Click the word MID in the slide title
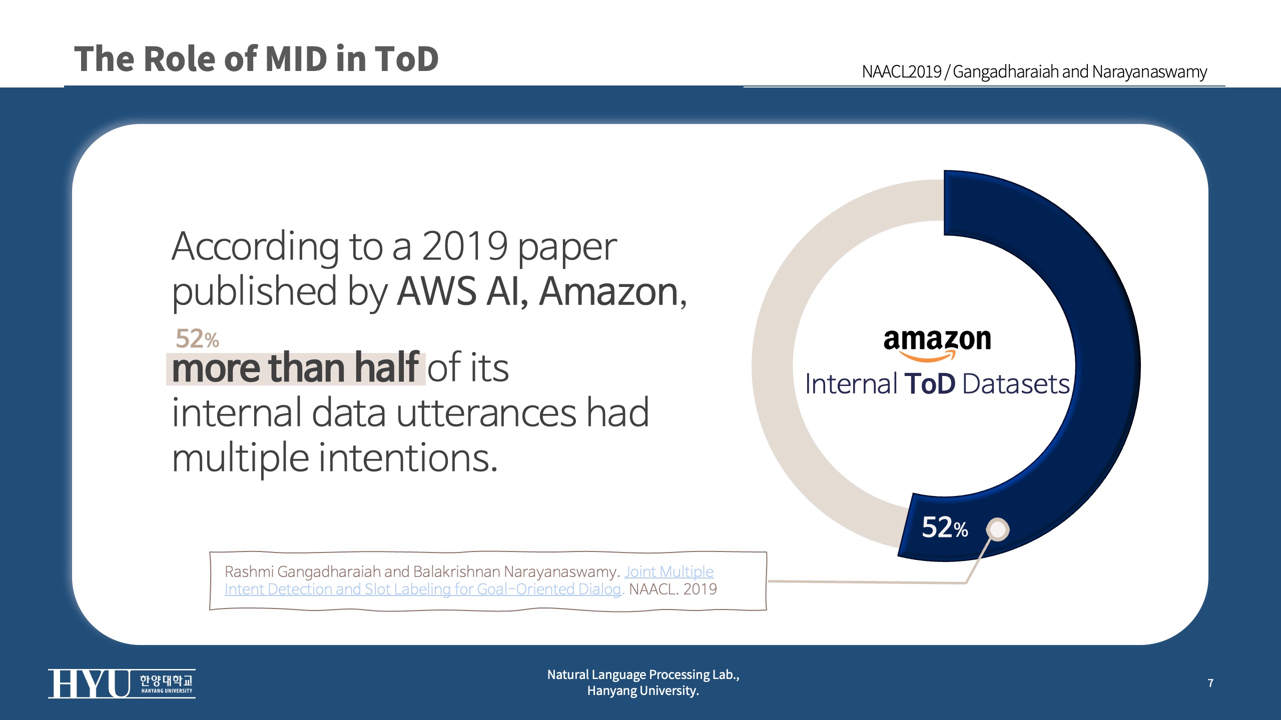click(296, 59)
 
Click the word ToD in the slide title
click(406, 59)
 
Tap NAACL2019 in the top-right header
click(901, 72)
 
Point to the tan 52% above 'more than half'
click(197, 339)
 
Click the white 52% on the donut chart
click(944, 527)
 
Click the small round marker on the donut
click(998, 529)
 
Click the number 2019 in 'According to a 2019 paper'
click(464, 246)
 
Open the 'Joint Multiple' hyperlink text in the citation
click(669, 571)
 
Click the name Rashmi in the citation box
click(249, 571)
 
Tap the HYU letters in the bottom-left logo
click(89, 683)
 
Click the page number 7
click(1210, 683)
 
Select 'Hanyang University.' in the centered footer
click(643, 691)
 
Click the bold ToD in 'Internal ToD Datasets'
click(930, 384)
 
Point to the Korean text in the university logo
click(166, 680)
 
